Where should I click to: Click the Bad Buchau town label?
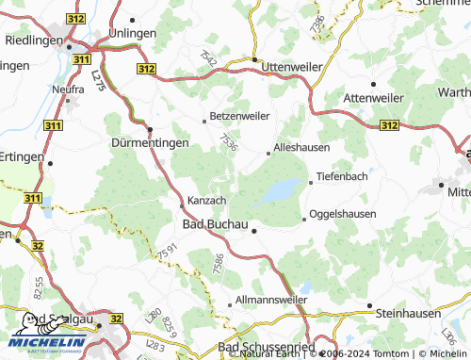click(x=213, y=223)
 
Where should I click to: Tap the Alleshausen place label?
click(x=301, y=149)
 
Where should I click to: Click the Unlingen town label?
click(x=132, y=32)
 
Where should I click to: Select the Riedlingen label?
click(x=33, y=41)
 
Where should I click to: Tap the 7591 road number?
click(x=167, y=254)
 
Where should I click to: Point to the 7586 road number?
click(x=218, y=264)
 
